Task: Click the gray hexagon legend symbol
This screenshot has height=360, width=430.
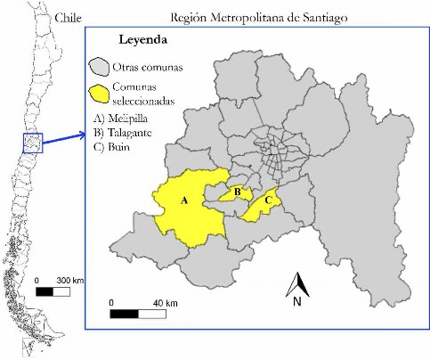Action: (98, 66)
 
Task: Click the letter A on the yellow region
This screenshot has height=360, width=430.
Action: (184, 200)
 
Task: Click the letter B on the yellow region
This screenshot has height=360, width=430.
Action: (237, 191)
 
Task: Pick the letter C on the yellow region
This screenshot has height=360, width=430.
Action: (269, 200)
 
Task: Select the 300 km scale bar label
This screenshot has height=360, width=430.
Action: (69, 280)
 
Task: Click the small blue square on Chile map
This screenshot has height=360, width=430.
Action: (32, 142)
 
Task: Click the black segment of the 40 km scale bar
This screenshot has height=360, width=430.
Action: (124, 313)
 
